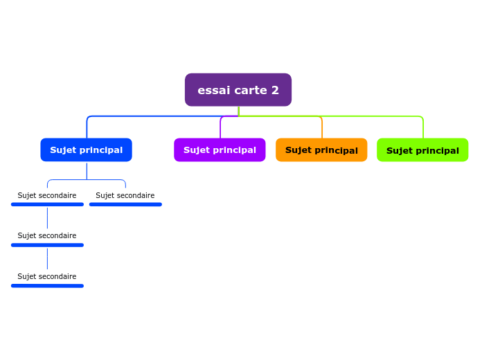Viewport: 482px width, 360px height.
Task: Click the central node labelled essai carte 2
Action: click(238, 90)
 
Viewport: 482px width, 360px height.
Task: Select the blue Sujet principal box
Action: click(86, 150)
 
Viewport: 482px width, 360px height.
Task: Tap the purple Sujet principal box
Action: click(220, 150)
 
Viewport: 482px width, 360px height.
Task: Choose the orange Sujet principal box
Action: click(321, 150)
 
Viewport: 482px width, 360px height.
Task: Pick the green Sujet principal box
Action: click(422, 150)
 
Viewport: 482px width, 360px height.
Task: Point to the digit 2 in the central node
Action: click(275, 90)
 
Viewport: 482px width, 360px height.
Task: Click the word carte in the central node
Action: click(251, 90)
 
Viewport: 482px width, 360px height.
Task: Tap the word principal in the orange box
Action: click(336, 150)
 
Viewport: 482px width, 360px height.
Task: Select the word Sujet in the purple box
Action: click(197, 150)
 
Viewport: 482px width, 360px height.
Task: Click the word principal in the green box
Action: click(437, 150)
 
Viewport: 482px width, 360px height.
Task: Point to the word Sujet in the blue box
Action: click(63, 150)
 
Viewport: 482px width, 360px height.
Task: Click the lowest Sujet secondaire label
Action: click(47, 276)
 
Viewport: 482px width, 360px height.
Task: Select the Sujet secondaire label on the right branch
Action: click(125, 195)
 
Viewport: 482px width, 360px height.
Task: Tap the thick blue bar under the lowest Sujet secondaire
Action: click(47, 285)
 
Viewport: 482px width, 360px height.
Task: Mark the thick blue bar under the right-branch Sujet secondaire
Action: click(125, 204)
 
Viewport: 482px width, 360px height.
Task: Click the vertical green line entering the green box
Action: click(423, 129)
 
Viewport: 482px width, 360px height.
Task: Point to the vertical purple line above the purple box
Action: click(220, 129)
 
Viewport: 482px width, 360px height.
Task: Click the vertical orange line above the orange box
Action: click(322, 129)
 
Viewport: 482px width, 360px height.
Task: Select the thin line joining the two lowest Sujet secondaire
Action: click(47, 258)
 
